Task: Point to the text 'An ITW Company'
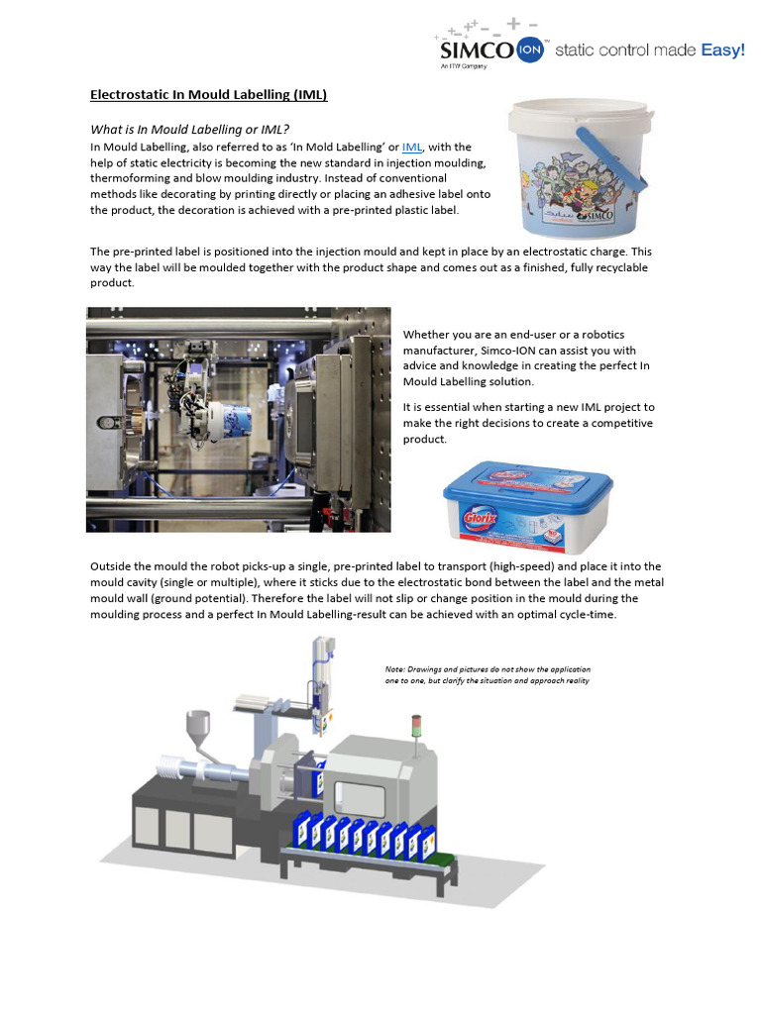pos(464,67)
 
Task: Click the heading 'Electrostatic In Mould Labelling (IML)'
pos(208,95)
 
